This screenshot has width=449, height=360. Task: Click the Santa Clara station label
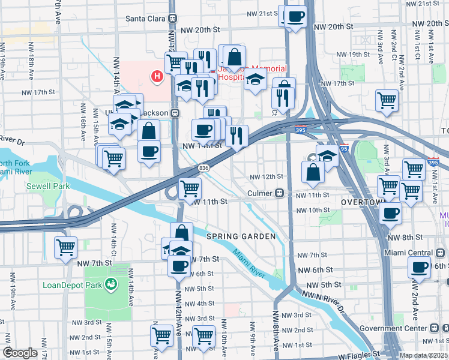145,18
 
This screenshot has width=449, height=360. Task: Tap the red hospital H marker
157,76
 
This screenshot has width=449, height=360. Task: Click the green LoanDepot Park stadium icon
110,284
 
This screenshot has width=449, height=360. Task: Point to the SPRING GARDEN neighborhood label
241,236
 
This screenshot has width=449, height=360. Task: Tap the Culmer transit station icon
279,194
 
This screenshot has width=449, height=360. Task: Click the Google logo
19,353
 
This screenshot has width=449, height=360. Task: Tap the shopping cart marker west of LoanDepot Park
65,246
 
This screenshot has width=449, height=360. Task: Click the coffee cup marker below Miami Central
419,267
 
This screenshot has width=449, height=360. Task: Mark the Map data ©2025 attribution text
423,355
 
